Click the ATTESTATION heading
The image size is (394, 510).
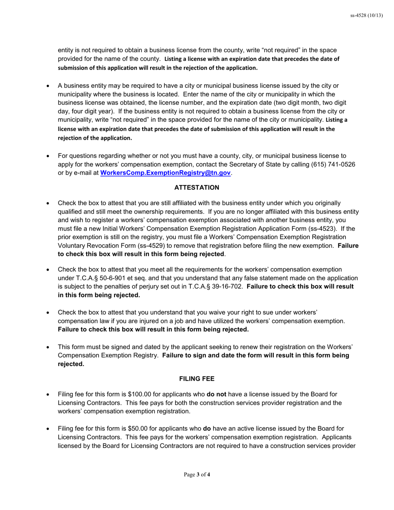[197, 188]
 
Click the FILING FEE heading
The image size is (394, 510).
[197, 379]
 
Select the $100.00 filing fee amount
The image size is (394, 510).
[140, 394]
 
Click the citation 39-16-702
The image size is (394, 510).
[226, 287]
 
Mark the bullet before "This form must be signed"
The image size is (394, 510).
[48, 347]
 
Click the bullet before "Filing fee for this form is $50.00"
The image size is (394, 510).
[48, 428]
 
